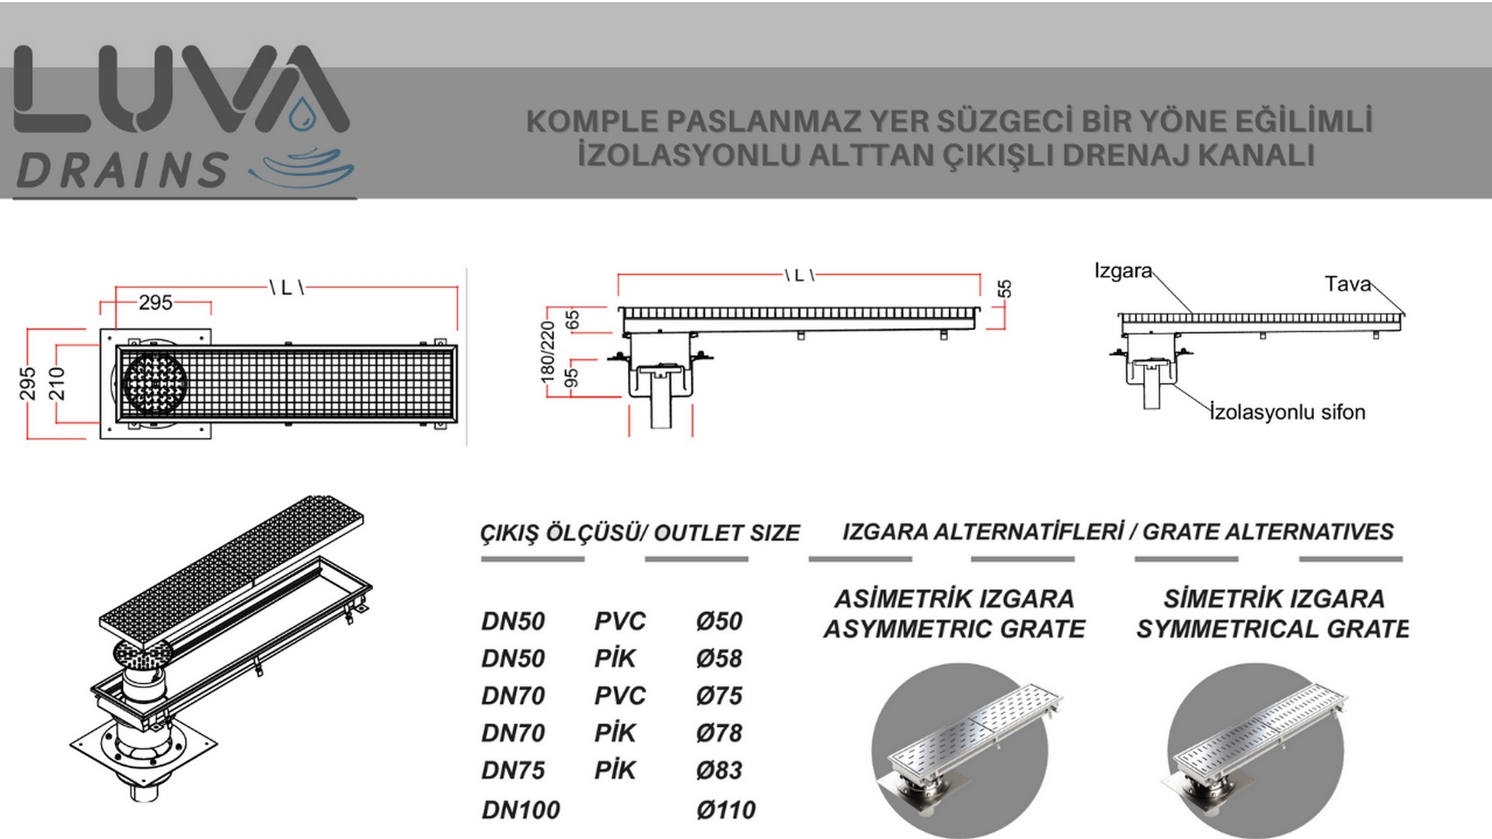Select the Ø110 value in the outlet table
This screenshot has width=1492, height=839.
(x=726, y=810)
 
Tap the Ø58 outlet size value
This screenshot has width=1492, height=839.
(x=720, y=659)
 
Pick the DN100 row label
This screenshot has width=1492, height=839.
(x=521, y=810)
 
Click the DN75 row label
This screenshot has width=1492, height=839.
(x=513, y=771)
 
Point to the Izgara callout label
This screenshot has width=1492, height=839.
(x=1123, y=271)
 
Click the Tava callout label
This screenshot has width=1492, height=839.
(x=1347, y=284)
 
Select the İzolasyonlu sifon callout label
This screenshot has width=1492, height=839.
(x=1288, y=412)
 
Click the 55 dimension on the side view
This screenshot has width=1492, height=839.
(x=1005, y=289)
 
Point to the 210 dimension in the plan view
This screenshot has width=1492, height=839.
(x=57, y=384)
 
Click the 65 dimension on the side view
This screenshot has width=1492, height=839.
(x=572, y=320)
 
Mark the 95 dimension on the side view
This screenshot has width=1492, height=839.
(x=572, y=378)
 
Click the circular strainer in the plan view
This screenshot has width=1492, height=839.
(x=155, y=384)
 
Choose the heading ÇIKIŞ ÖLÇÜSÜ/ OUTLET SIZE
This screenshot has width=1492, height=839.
(x=640, y=534)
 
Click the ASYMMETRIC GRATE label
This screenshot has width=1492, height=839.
(x=954, y=628)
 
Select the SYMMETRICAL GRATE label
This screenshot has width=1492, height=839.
(x=1273, y=628)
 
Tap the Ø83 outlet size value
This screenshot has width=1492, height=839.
(x=720, y=771)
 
